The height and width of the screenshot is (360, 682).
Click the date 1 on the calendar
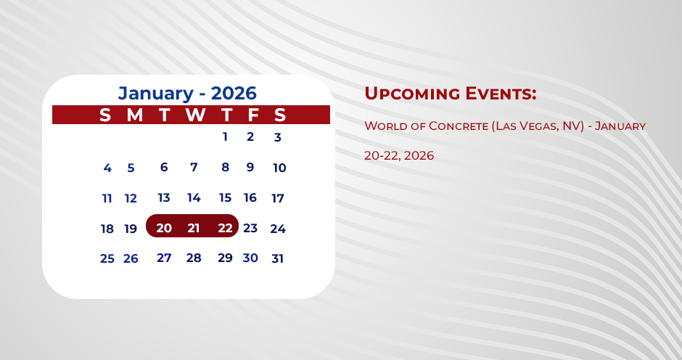[225, 136]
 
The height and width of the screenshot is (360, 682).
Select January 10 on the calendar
[279, 168]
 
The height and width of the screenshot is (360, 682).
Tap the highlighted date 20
[164, 228]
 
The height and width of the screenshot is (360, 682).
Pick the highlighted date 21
[194, 228]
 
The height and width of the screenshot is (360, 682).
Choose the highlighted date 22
[225, 228]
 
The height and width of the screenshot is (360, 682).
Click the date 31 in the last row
[277, 258]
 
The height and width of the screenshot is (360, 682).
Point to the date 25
[107, 258]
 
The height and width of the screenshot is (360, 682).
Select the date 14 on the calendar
[194, 197]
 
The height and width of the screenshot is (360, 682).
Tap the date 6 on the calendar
[164, 167]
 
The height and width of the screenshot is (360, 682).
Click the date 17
[277, 198]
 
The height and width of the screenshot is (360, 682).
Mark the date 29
[225, 258]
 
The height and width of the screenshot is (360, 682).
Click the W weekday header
[195, 115]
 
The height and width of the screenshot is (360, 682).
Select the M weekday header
[134, 115]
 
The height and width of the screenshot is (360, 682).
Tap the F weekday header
[253, 115]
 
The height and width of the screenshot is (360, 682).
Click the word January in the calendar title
[156, 93]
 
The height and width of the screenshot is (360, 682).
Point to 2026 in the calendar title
[234, 93]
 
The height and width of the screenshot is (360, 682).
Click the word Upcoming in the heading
[411, 94]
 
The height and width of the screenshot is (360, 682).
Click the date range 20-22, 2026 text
[399, 155]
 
